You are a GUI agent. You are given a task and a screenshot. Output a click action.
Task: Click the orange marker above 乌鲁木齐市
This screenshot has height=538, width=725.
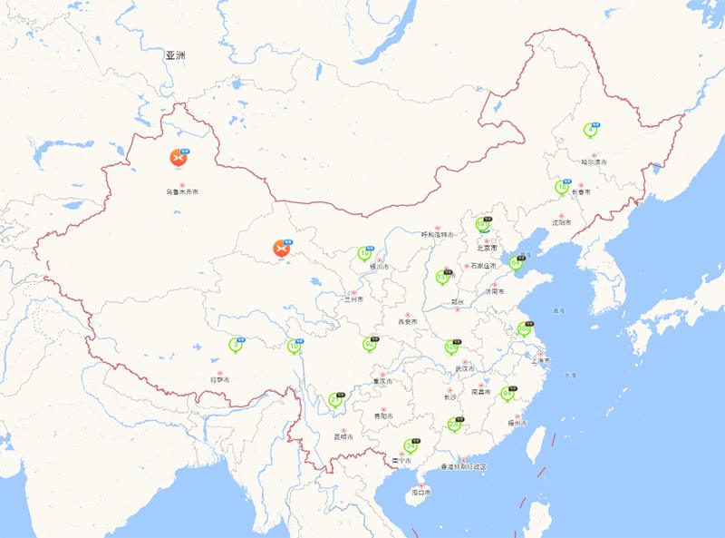(x=179, y=158)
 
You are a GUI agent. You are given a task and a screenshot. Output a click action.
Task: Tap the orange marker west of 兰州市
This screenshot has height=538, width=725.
(x=283, y=248)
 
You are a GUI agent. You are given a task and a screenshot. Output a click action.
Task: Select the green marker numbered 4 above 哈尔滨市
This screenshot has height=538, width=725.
(x=592, y=130)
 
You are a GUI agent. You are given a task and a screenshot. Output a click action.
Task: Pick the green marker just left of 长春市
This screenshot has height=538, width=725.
(x=562, y=188)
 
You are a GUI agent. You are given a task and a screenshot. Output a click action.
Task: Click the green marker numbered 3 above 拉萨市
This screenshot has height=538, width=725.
(x=237, y=345)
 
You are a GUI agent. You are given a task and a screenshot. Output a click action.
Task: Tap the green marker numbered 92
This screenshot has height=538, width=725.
(x=369, y=344)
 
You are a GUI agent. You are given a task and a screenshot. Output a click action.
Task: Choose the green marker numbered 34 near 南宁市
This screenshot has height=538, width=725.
(x=410, y=445)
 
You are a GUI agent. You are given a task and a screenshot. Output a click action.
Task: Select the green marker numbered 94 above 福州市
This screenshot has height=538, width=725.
(x=507, y=394)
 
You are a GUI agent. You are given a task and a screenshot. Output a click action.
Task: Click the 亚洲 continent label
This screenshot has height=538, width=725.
(x=175, y=56)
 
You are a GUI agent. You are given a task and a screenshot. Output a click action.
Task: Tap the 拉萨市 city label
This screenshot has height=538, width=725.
(x=220, y=379)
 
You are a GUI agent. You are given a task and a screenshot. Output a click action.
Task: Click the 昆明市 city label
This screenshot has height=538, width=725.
(x=343, y=436)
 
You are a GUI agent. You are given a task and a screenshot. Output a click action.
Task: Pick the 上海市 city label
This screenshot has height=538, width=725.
(x=540, y=361)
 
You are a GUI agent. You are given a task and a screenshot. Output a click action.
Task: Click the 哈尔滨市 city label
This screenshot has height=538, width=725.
(x=594, y=162)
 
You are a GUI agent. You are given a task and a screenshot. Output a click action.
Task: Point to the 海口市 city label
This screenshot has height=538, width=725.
(x=420, y=492)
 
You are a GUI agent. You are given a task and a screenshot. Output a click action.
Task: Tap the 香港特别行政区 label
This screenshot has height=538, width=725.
(x=463, y=466)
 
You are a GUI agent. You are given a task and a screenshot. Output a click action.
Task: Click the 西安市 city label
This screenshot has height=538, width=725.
(x=407, y=322)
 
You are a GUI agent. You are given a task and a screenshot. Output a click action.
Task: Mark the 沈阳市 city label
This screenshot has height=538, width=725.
(x=562, y=221)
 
